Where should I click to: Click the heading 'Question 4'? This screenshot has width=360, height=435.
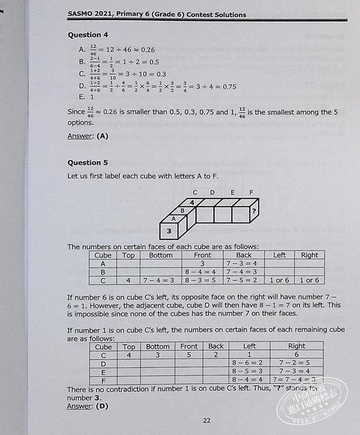[88, 35]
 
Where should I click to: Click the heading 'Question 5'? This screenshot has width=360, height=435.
[88, 163]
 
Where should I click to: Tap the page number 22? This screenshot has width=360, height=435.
[206, 420]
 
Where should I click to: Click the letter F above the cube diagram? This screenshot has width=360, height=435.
[251, 192]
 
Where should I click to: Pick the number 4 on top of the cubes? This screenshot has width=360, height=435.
[192, 203]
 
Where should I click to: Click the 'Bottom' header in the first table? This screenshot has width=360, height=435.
[161, 255]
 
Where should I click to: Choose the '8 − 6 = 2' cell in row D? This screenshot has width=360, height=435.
[249, 362]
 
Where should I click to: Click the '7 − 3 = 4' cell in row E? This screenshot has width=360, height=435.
[297, 371]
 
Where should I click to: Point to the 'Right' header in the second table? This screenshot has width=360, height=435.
[297, 346]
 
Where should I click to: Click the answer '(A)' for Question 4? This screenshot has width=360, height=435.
[102, 136]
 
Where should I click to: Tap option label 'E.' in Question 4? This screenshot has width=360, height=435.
[82, 98]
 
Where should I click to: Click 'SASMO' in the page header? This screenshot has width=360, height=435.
[82, 12]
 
